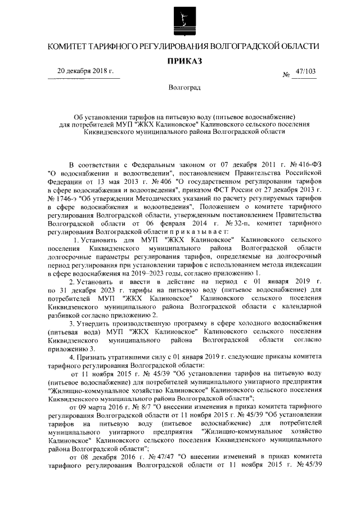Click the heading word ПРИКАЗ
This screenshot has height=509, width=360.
click(x=181, y=60)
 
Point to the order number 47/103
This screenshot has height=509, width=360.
click(x=306, y=71)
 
